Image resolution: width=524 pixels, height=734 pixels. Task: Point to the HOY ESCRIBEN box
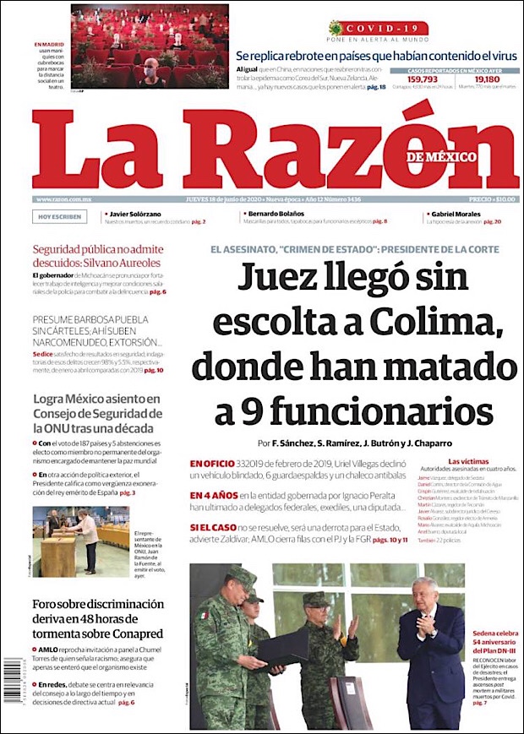[60, 217]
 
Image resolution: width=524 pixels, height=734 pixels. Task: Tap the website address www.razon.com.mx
[63, 199]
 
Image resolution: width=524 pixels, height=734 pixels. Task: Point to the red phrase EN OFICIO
[215, 464]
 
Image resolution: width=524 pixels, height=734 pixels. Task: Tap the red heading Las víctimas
[466, 461]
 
